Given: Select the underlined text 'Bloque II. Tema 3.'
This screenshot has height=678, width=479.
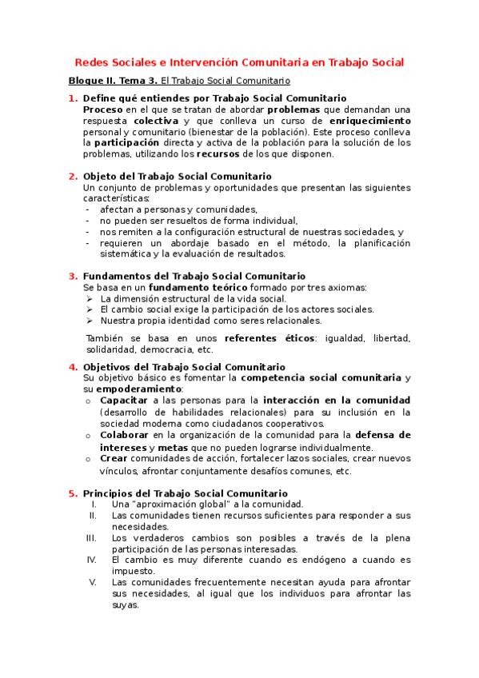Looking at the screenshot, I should point(112,81).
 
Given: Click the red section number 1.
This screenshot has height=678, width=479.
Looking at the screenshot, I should point(73,98).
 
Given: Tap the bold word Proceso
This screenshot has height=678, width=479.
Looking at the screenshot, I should point(103,109).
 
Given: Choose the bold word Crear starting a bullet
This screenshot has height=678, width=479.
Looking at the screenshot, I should point(114,459).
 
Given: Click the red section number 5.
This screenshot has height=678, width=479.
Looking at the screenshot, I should point(73,493).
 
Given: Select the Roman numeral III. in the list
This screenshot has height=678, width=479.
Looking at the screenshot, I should point(91,538).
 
